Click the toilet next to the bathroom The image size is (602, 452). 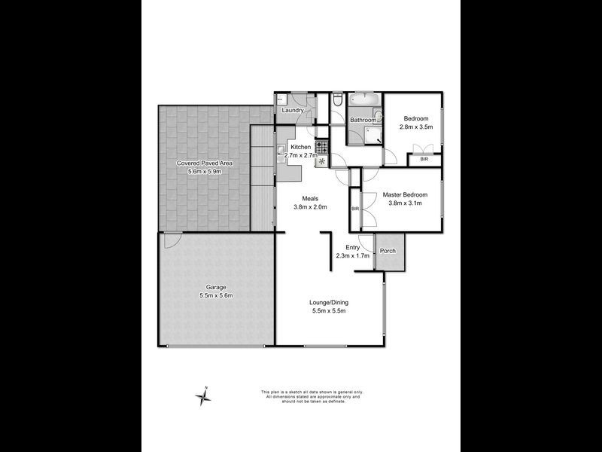pyautogui.click(x=337, y=100)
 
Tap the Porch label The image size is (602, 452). pyautogui.click(x=388, y=251)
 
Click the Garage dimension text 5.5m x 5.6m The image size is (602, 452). pyautogui.click(x=216, y=295)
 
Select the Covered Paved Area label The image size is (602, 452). pyautogui.click(x=205, y=163)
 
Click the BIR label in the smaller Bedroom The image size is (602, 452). pyautogui.click(x=424, y=159)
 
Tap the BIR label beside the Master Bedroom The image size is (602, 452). pyautogui.click(x=354, y=208)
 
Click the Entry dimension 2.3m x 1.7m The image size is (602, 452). pyautogui.click(x=353, y=255)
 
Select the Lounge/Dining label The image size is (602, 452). pyautogui.click(x=329, y=303)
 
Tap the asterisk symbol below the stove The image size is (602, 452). pyautogui.click(x=322, y=160)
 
